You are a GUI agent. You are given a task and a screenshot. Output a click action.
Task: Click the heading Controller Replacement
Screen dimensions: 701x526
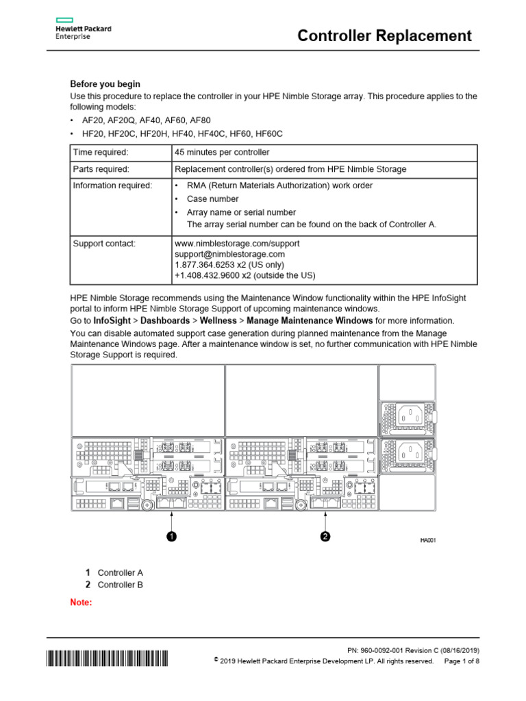[384, 36]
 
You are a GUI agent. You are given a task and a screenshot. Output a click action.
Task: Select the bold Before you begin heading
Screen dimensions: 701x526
[105, 84]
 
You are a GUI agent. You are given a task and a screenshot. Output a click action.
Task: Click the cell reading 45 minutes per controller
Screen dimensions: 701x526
[222, 152]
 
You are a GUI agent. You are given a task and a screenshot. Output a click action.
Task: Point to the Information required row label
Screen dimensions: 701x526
[113, 186]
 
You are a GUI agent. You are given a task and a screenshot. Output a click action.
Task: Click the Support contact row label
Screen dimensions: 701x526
[104, 243]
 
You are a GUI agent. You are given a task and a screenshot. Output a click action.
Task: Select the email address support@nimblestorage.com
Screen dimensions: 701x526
[230, 254]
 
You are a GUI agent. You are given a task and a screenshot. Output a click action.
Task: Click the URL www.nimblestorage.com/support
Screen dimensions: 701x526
[237, 243]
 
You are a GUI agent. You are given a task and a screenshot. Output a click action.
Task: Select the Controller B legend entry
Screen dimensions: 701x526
[120, 585]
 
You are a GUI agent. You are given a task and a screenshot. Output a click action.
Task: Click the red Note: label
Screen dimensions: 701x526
[81, 602]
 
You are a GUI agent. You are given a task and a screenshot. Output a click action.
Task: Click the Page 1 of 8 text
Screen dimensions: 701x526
[462, 661]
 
